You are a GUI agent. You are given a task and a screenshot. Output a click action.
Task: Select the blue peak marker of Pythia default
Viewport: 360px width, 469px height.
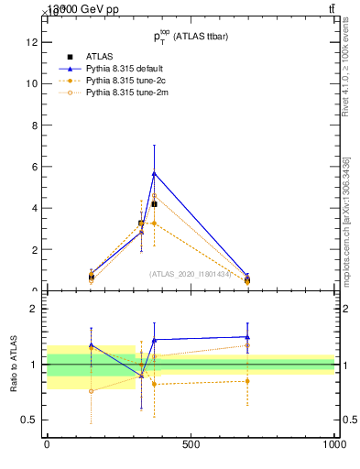(x=154, y=172)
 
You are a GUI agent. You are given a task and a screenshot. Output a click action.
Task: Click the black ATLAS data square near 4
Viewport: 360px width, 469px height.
(x=154, y=204)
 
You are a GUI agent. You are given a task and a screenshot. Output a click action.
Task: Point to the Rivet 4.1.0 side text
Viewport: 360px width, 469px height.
(x=346, y=70)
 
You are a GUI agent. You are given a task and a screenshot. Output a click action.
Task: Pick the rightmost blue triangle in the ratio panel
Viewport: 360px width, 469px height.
(x=247, y=337)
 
